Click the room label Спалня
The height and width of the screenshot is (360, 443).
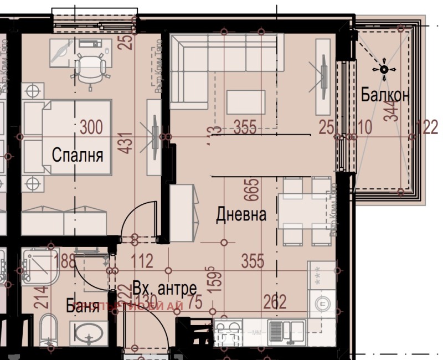pos(78,155)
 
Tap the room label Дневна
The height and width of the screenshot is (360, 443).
pos(241,214)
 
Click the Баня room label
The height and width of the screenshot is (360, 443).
pos(83,306)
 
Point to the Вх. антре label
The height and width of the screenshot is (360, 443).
pos(164,289)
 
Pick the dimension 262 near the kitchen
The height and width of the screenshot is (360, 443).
pos(275,302)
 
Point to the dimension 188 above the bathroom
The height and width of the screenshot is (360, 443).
pos(66,261)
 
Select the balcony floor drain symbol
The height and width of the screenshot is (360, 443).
pos(383,69)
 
